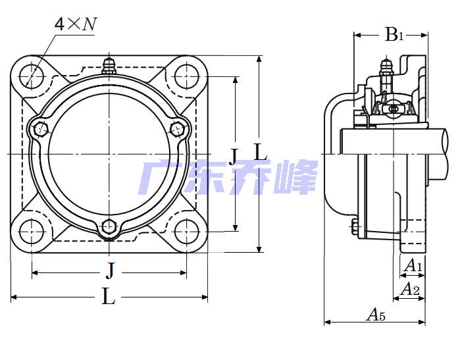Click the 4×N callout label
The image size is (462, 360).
click(x=76, y=24)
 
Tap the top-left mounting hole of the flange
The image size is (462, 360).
click(x=31, y=76)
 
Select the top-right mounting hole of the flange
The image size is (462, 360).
click(x=186, y=76)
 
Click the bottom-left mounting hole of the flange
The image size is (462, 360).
click(x=31, y=232)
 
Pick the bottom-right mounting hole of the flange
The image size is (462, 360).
click(x=186, y=232)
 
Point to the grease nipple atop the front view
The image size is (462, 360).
click(x=109, y=66)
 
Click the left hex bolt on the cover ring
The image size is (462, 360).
click(x=41, y=129)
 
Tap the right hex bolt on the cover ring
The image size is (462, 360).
click(x=178, y=129)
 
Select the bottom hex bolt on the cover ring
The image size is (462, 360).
click(x=109, y=226)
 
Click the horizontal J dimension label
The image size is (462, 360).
click(x=110, y=270)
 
